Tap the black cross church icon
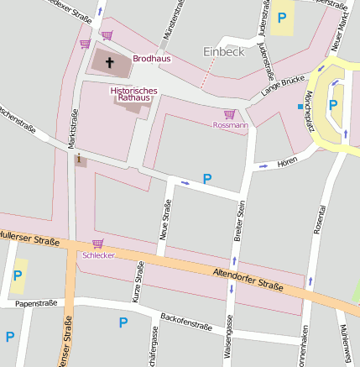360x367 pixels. click(x=108, y=61)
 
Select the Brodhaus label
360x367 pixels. click(x=152, y=60)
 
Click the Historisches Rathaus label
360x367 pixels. click(x=133, y=93)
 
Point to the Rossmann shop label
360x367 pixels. click(x=230, y=125)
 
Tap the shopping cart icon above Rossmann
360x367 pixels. click(x=229, y=114)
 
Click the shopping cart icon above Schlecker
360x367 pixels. click(x=97, y=243)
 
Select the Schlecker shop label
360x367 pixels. click(x=97, y=254)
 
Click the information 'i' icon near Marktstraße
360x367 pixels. click(x=79, y=159)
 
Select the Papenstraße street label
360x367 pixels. click(x=35, y=303)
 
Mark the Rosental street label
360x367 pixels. click(x=320, y=218)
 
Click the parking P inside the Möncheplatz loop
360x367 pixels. click(x=333, y=105)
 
